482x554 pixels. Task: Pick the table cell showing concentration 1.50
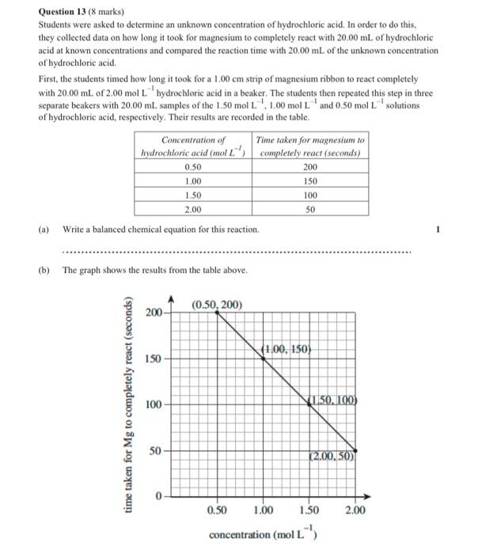(192, 195)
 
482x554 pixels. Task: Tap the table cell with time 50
(309, 210)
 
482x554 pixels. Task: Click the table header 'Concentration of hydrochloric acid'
(192, 146)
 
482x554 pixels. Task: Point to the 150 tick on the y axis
(153, 359)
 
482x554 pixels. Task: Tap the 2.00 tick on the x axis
(355, 511)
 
